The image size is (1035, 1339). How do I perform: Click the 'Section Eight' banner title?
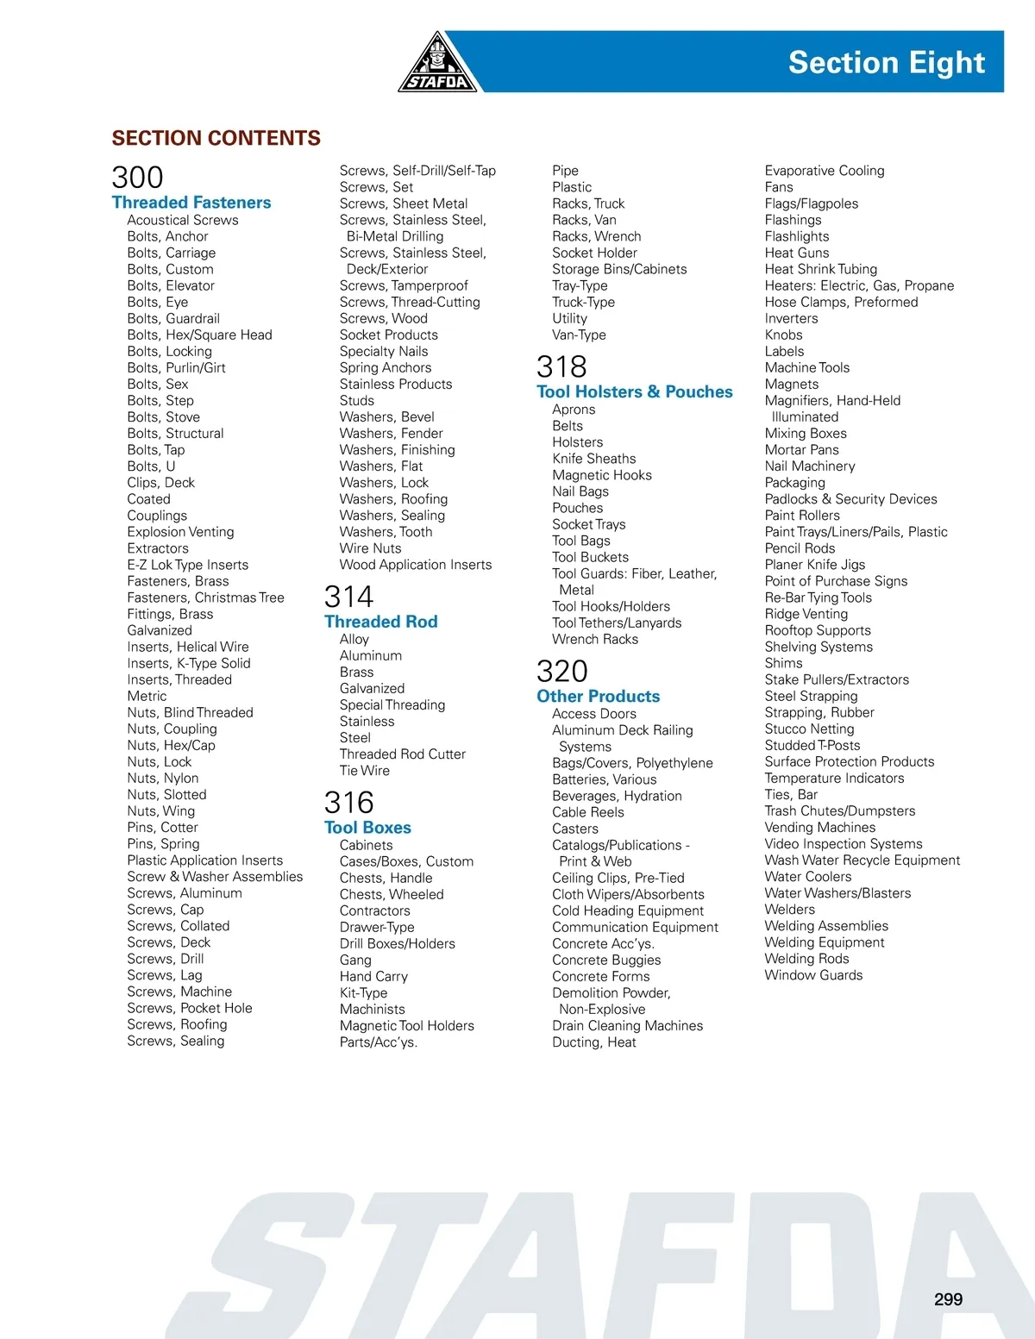pyautogui.click(x=886, y=63)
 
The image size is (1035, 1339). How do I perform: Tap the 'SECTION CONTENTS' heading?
pyautogui.click(x=216, y=138)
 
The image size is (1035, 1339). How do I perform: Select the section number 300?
pyautogui.click(x=137, y=178)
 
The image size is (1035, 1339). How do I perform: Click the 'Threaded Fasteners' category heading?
pyautogui.click(x=191, y=203)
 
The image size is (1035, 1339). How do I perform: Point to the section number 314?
pyautogui.click(x=348, y=597)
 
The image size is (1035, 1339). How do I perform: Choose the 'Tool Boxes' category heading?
pyautogui.click(x=367, y=828)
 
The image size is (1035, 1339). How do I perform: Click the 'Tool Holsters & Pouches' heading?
pyautogui.click(x=634, y=391)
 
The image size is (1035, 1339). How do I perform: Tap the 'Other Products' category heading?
pyautogui.click(x=598, y=696)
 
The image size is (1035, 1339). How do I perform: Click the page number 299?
pyautogui.click(x=948, y=1299)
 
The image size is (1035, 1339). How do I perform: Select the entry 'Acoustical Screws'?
pyautogui.click(x=183, y=220)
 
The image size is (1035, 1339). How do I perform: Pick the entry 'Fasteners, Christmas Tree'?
pyautogui.click(x=205, y=598)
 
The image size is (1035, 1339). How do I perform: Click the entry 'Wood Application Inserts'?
pyautogui.click(x=416, y=565)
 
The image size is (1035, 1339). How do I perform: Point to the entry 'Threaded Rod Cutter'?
pyautogui.click(x=402, y=754)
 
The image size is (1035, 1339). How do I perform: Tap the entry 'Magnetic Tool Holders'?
pyautogui.click(x=406, y=1025)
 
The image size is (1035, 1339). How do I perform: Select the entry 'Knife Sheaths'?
pyautogui.click(x=593, y=459)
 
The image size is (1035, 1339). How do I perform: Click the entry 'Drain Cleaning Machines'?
pyautogui.click(x=627, y=1025)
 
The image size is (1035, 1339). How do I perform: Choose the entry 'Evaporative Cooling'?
pyautogui.click(x=825, y=171)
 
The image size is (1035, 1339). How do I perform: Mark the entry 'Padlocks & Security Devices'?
pyautogui.click(x=850, y=498)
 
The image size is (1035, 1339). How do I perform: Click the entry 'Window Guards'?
pyautogui.click(x=813, y=975)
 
